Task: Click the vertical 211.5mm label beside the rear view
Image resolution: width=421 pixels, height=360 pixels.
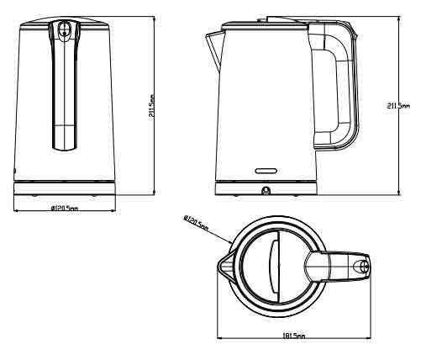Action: [150, 108]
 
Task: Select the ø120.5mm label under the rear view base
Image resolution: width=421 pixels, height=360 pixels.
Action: [65, 208]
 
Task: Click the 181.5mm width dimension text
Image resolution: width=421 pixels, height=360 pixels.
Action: [294, 336]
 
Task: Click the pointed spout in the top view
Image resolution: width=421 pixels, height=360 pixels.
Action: [224, 266]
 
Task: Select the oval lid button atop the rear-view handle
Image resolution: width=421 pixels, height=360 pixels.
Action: [63, 30]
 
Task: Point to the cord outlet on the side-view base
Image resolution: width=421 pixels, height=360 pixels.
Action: [266, 191]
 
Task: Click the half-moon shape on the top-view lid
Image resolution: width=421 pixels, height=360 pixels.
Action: [275, 265]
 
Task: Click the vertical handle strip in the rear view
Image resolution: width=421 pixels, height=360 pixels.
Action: [63, 93]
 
